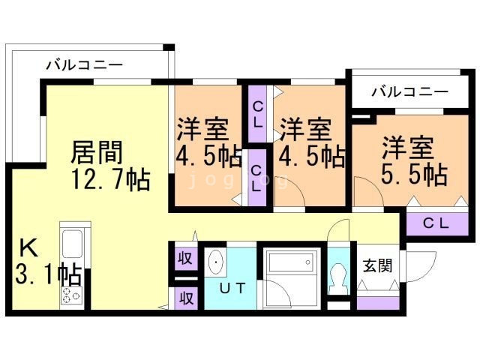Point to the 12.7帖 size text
[x=110, y=180]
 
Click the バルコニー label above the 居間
[x=84, y=65]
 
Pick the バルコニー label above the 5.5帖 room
[x=409, y=92]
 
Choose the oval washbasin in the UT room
[x=215, y=262]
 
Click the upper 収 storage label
[x=184, y=259]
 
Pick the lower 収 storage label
[x=184, y=297]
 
